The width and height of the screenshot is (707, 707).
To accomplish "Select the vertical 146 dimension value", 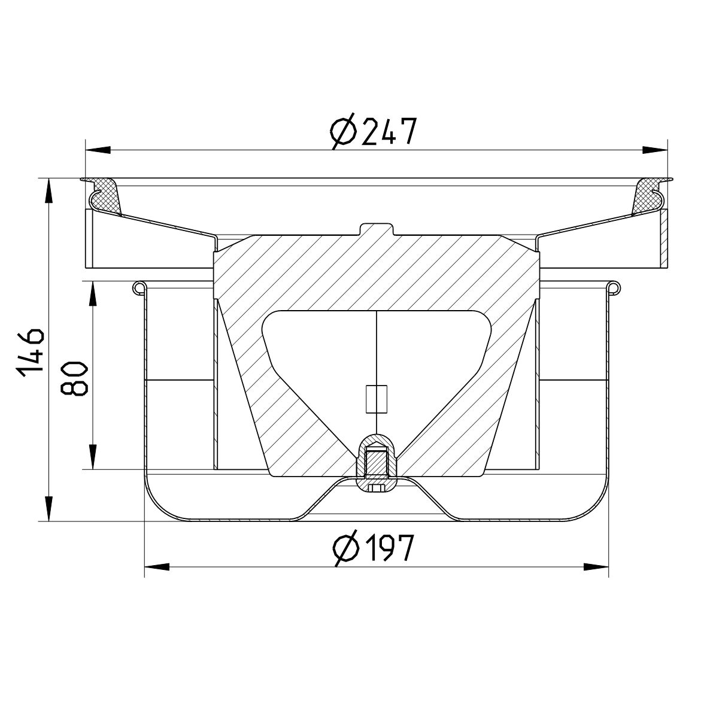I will pyautogui.click(x=30, y=352).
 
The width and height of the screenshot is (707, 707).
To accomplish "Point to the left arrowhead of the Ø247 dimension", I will pyautogui.click(x=98, y=150).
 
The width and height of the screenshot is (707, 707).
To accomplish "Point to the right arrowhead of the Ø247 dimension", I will pyautogui.click(x=656, y=150).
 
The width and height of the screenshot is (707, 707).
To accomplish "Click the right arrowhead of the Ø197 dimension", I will pyautogui.click(x=596, y=566).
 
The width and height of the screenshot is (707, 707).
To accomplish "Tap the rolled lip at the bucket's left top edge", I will pyautogui.click(x=138, y=288).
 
